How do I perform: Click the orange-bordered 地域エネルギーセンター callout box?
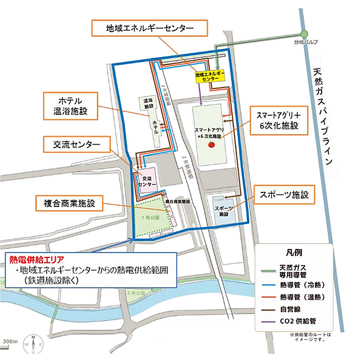149,29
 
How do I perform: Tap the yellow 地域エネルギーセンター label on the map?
209,75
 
